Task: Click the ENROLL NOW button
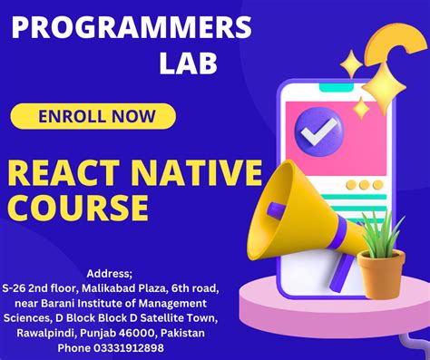click(93, 116)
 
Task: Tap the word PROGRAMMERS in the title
click(132, 29)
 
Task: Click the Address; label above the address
click(108, 273)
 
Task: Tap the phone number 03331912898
click(130, 347)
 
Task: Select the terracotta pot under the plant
click(382, 271)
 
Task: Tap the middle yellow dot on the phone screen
click(363, 185)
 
